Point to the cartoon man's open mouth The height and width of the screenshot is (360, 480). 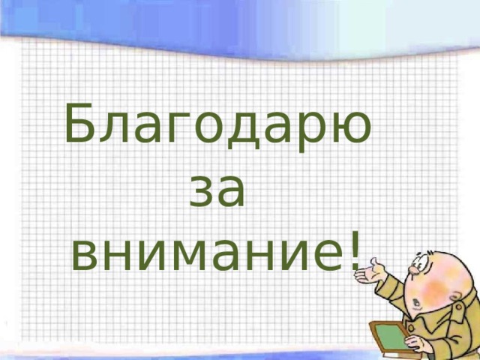(417, 303)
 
